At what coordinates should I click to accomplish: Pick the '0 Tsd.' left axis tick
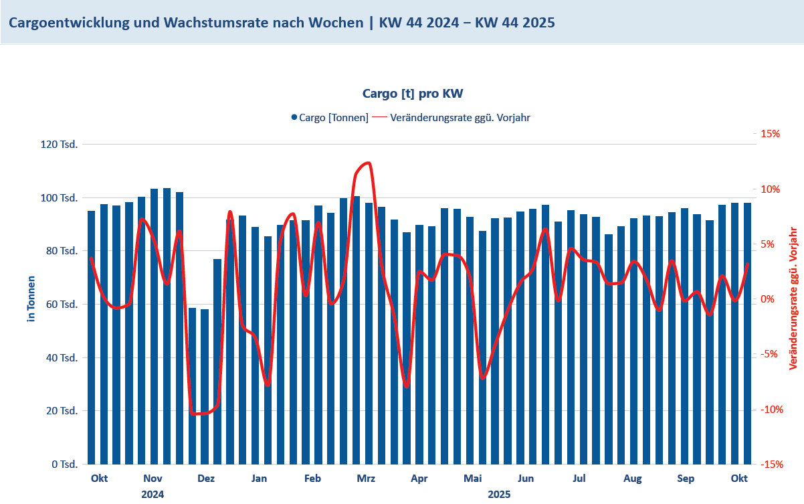[65, 464]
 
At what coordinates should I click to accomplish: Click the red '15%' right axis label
[771, 134]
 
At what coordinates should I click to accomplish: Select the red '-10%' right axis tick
[769, 409]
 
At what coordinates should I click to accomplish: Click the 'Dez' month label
[206, 479]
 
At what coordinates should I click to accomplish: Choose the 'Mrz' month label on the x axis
[366, 479]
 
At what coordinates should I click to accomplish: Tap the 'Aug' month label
[632, 479]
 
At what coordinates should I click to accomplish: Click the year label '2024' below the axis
[153, 495]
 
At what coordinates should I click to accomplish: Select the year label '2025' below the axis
[499, 495]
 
